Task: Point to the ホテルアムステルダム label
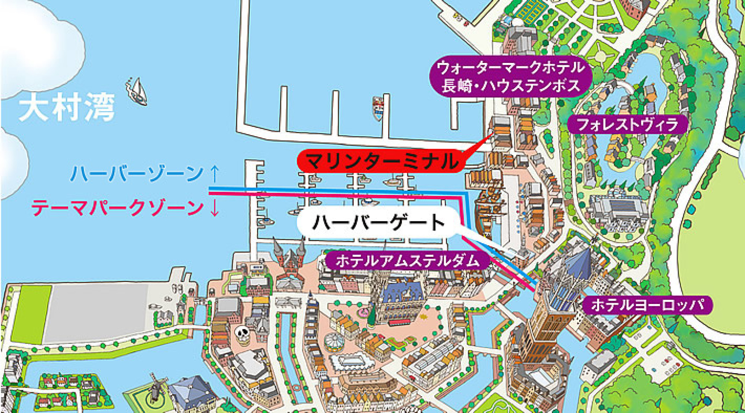[x=407, y=260]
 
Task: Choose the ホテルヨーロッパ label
[x=647, y=305]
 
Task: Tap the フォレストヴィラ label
[x=627, y=124]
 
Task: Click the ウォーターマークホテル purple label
[x=510, y=77]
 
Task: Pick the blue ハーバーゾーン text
[x=137, y=174]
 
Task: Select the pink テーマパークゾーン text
[x=117, y=208]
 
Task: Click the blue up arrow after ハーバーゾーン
[x=215, y=173]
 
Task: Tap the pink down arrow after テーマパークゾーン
[x=215, y=208]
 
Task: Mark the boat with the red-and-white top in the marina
[x=378, y=108]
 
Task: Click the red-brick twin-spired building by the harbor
[x=289, y=257]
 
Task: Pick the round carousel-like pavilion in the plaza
[x=334, y=342]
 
